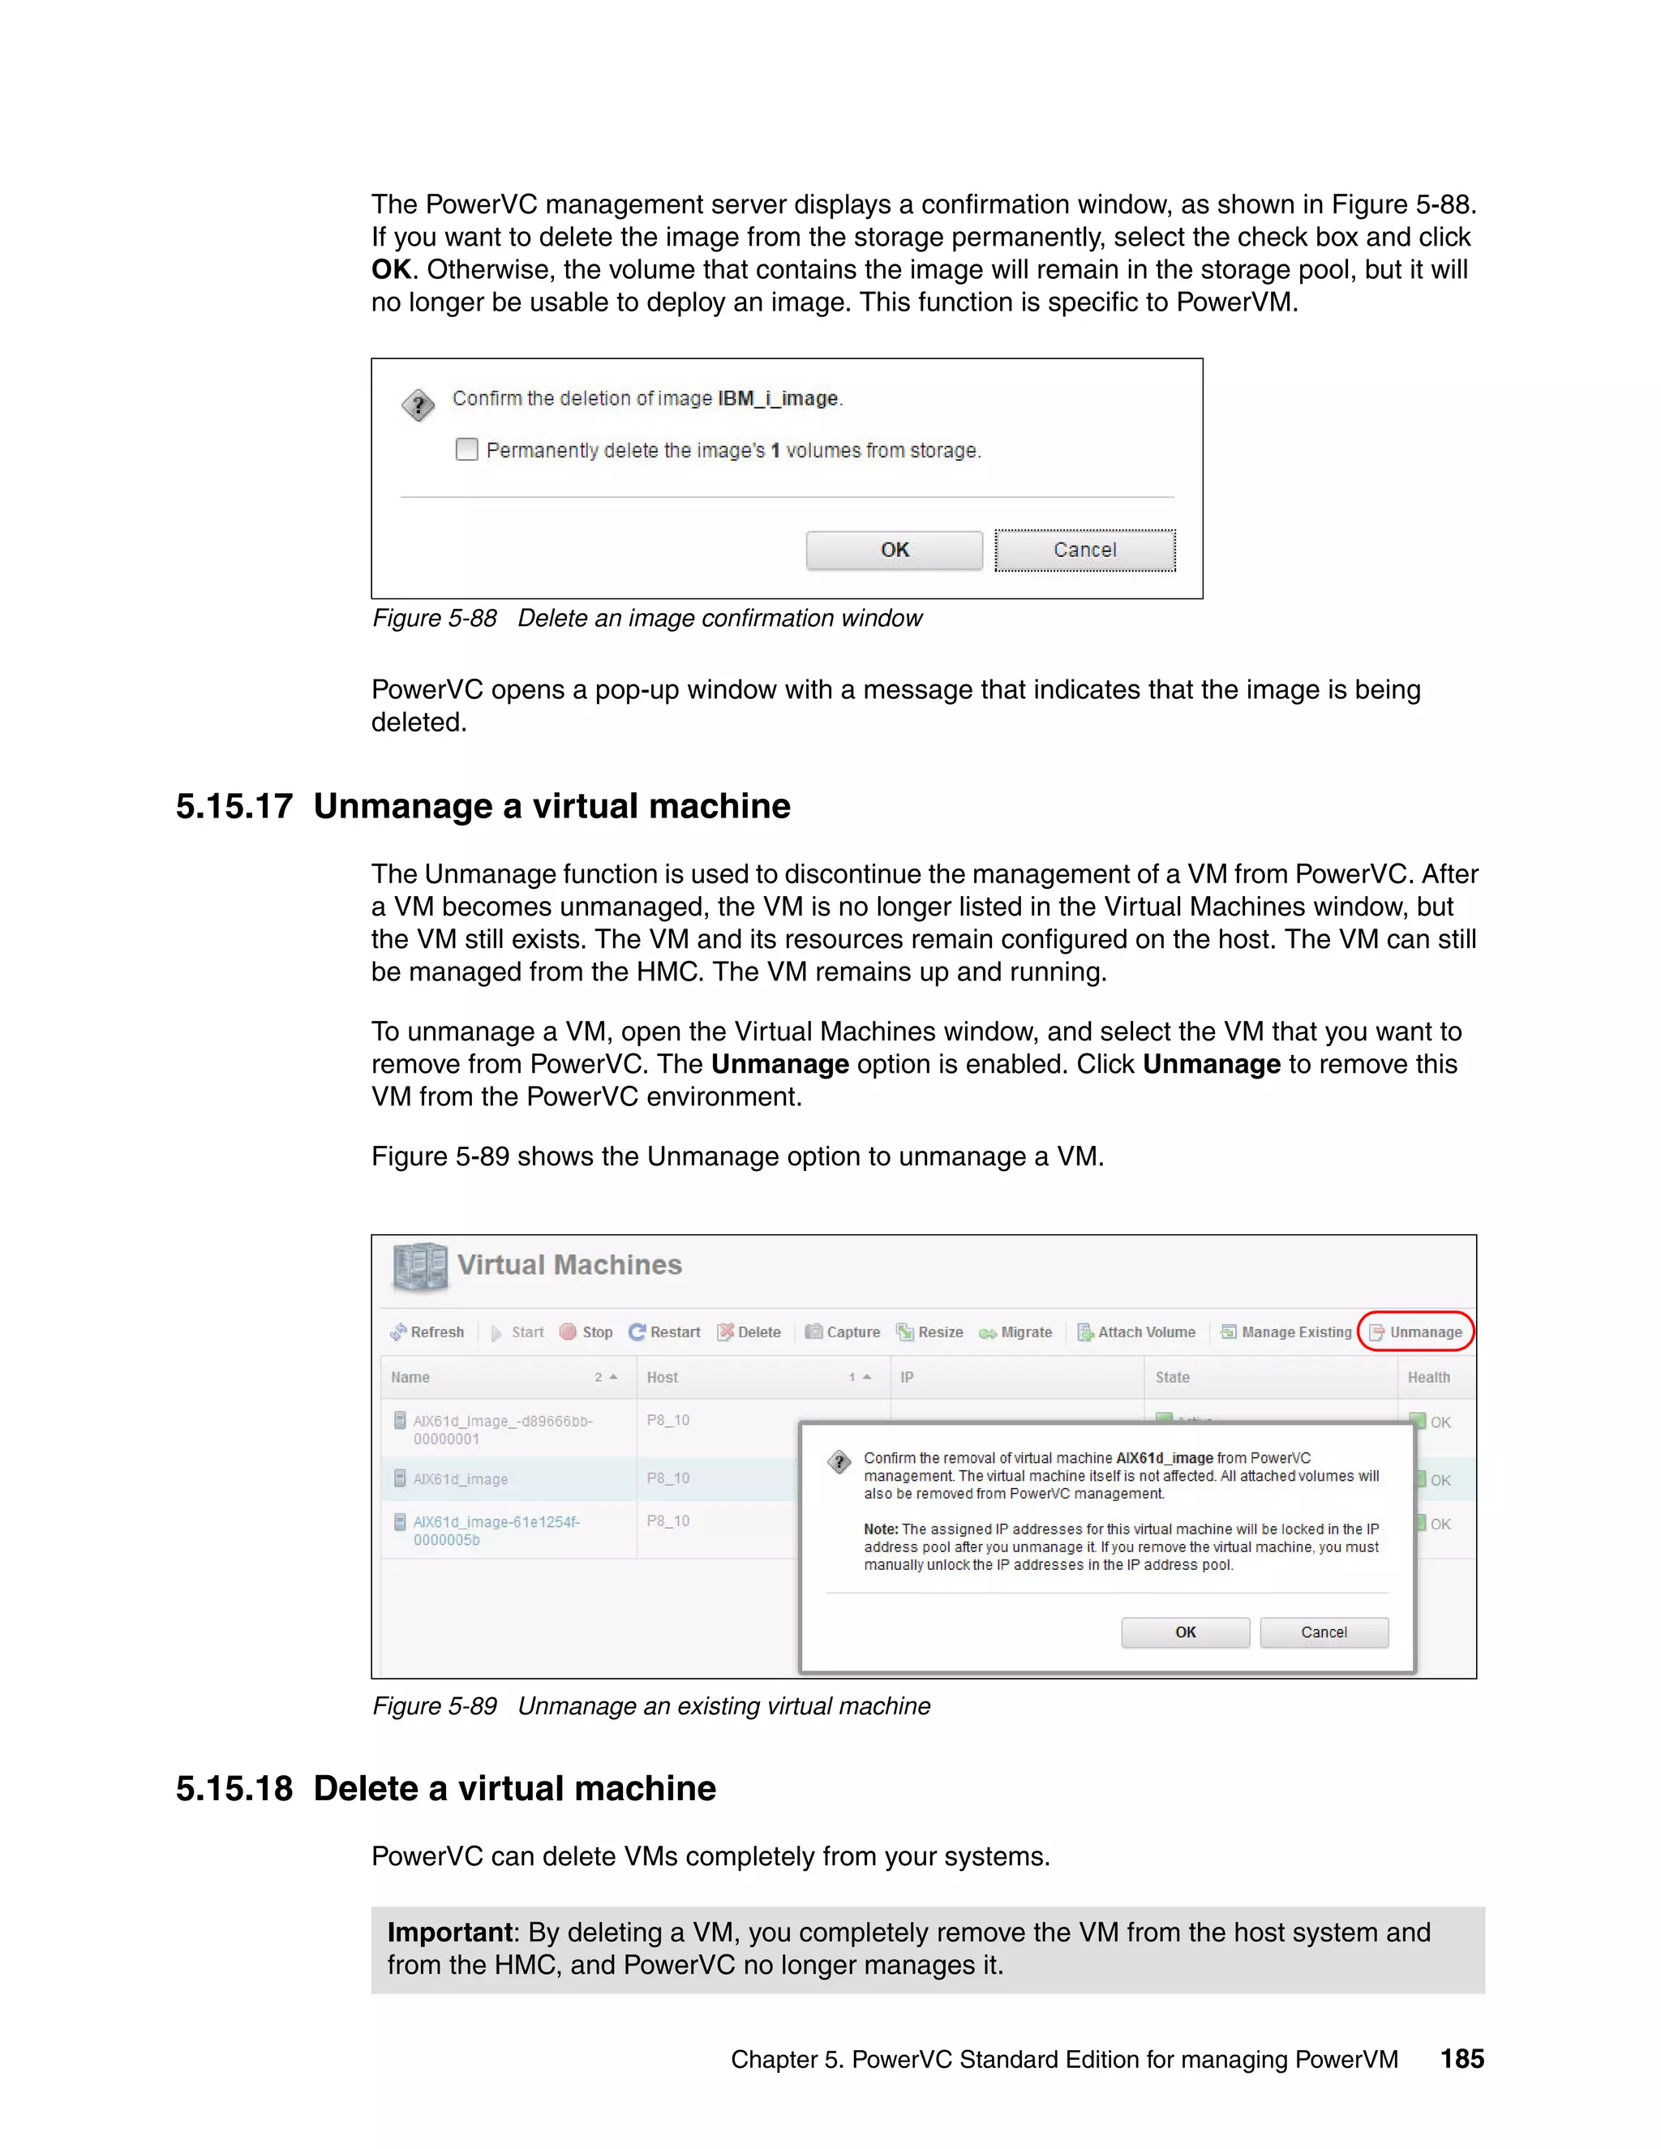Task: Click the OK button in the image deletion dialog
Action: pyautogui.click(x=894, y=550)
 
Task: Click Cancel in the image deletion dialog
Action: pyautogui.click(x=1084, y=550)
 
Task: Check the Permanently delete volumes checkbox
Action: pyautogui.click(x=467, y=450)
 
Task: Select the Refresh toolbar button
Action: pyautogui.click(x=427, y=1332)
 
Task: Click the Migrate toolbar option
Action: pyautogui.click(x=1015, y=1332)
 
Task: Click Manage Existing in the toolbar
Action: pyautogui.click(x=1286, y=1332)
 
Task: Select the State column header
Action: pyautogui.click(x=1172, y=1377)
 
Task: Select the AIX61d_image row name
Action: pyautogui.click(x=461, y=1479)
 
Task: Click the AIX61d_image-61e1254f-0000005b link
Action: pyautogui.click(x=495, y=1530)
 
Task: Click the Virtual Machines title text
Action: pyautogui.click(x=569, y=1264)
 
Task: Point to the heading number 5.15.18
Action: pyautogui.click(x=234, y=1788)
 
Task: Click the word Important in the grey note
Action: pyautogui.click(x=449, y=1932)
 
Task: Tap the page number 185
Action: pyautogui.click(x=1461, y=2058)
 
